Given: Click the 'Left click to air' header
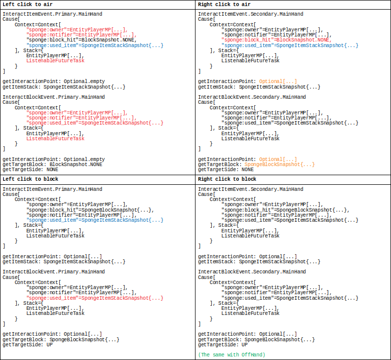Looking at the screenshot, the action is [x=27, y=5].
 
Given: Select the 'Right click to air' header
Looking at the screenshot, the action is [x=224, y=5].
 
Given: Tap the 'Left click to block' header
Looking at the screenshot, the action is [x=30, y=179].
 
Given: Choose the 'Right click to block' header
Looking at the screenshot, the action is [x=227, y=179].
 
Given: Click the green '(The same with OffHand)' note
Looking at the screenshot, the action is [x=231, y=355].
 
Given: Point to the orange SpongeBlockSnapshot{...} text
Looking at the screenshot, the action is [x=280, y=165].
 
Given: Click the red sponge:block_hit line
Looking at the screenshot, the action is [x=277, y=40].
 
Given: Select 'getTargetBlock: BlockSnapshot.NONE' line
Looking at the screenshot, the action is [x=52, y=165].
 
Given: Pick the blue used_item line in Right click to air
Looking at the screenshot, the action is [x=290, y=46].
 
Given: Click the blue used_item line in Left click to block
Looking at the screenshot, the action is [x=95, y=220].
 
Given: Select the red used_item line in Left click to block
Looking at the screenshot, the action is [x=95, y=298].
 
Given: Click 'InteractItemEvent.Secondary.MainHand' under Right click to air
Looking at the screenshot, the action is [x=251, y=14].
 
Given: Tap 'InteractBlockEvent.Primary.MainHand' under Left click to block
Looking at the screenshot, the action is [x=54, y=272].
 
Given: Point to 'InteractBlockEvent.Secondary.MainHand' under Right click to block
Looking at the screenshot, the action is [x=252, y=272].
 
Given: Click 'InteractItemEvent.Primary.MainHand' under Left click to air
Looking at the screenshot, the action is [x=52, y=14].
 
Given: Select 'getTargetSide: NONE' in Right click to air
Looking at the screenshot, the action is [x=226, y=170].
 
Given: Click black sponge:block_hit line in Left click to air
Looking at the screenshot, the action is [x=82, y=40].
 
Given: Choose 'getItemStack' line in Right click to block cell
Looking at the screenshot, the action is [x=259, y=262].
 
